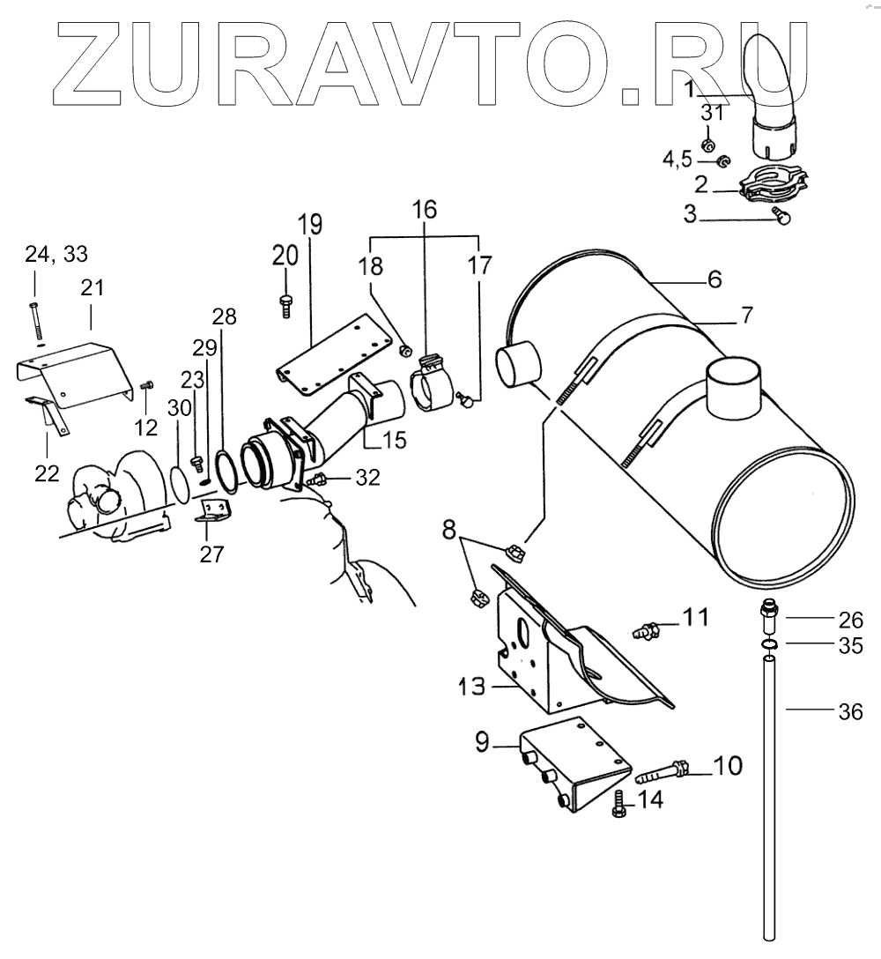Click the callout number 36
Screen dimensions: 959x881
pyautogui.click(x=849, y=711)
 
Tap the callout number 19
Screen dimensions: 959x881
pyautogui.click(x=310, y=223)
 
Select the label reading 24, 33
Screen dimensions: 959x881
pyautogui.click(x=56, y=255)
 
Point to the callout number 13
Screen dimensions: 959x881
pyautogui.click(x=471, y=686)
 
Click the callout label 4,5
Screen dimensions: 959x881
pyautogui.click(x=677, y=160)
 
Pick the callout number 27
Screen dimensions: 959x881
pyautogui.click(x=211, y=554)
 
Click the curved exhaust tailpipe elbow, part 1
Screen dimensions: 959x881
pyautogui.click(x=773, y=88)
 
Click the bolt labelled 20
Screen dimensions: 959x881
pyautogui.click(x=285, y=301)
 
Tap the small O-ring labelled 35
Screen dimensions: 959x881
pyautogui.click(x=768, y=647)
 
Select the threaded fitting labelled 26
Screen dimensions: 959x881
pyautogui.click(x=768, y=613)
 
